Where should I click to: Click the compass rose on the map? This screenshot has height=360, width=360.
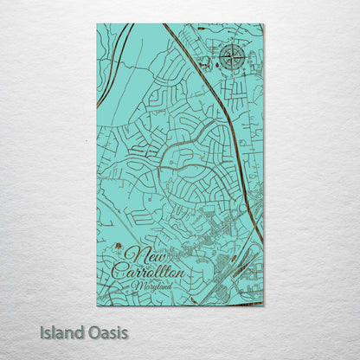(231, 57)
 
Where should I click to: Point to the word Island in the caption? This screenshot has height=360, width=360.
(62, 332)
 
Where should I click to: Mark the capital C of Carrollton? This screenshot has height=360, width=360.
(119, 269)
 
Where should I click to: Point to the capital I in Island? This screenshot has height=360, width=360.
(42, 332)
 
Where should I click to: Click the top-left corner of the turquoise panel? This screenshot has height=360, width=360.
(97, 24)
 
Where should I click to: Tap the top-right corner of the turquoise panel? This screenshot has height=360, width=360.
(263, 24)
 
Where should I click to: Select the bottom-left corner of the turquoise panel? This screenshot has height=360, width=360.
(97, 305)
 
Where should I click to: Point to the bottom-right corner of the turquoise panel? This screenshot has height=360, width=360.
(263, 305)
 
